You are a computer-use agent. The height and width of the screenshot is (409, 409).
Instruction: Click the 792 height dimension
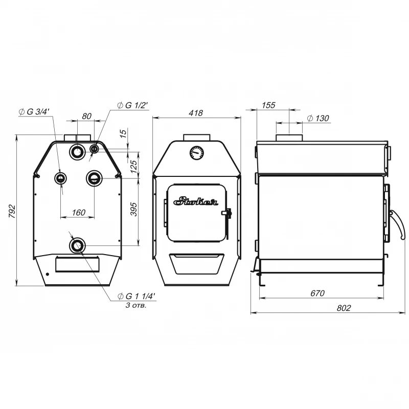point(12,212)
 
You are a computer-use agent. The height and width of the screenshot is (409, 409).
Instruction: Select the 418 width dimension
point(196,113)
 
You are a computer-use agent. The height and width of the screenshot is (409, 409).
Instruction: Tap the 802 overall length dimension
point(344,308)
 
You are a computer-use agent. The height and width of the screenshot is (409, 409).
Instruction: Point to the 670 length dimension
point(317,293)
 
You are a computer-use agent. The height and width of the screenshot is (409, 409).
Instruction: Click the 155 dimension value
point(268,105)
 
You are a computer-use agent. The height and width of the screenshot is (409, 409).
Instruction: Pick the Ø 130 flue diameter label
point(318,118)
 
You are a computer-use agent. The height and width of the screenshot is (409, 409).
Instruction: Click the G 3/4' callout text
point(34,111)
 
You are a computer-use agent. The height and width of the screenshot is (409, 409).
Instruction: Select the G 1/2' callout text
point(133,105)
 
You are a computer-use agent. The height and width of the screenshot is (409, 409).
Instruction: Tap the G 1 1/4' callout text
point(137,297)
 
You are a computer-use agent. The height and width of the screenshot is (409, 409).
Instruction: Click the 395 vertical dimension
point(133,209)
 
